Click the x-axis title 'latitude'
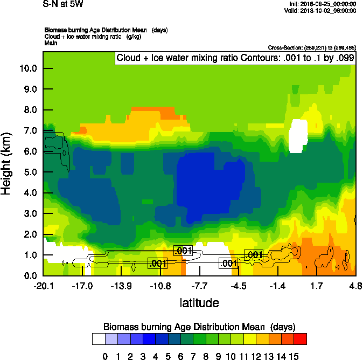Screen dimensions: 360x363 tap(199, 303)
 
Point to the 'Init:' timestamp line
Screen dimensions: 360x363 tap(323, 4)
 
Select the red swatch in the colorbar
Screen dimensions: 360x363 tap(301, 338)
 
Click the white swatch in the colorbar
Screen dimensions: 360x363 tap(99, 338)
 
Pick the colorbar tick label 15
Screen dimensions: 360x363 tap(294, 356)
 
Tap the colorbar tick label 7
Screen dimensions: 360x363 tap(193, 356)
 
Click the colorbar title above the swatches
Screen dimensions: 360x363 tap(199, 327)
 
